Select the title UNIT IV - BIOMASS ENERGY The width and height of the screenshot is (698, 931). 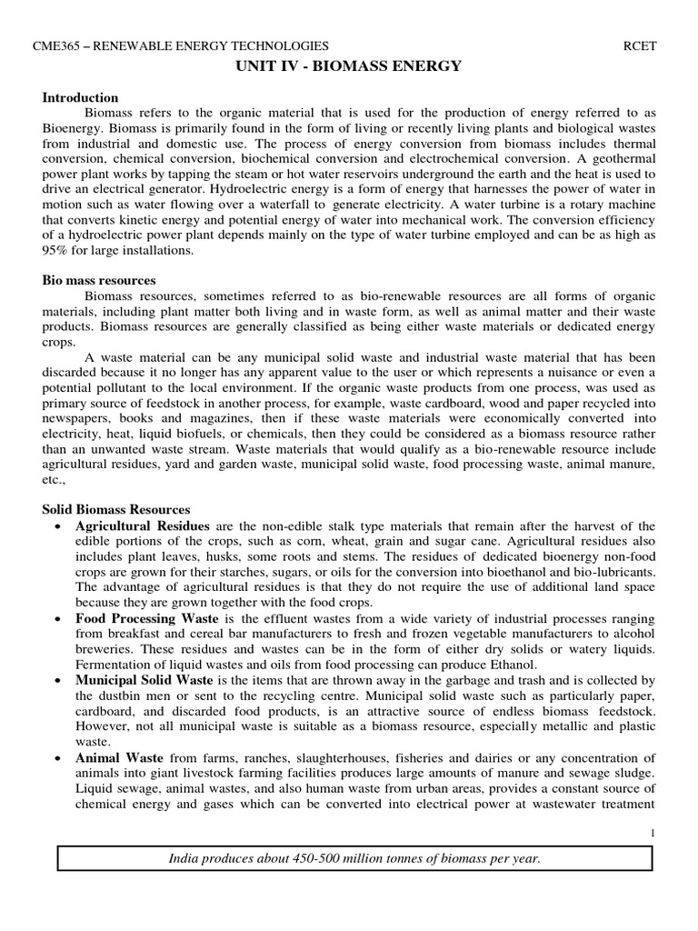pos(349,65)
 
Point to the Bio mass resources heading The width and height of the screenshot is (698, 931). pos(99,280)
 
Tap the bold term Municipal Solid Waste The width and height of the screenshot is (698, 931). pos(144,679)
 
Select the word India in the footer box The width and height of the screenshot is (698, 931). pos(187,858)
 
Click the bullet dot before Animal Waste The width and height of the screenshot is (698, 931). pos(58,757)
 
